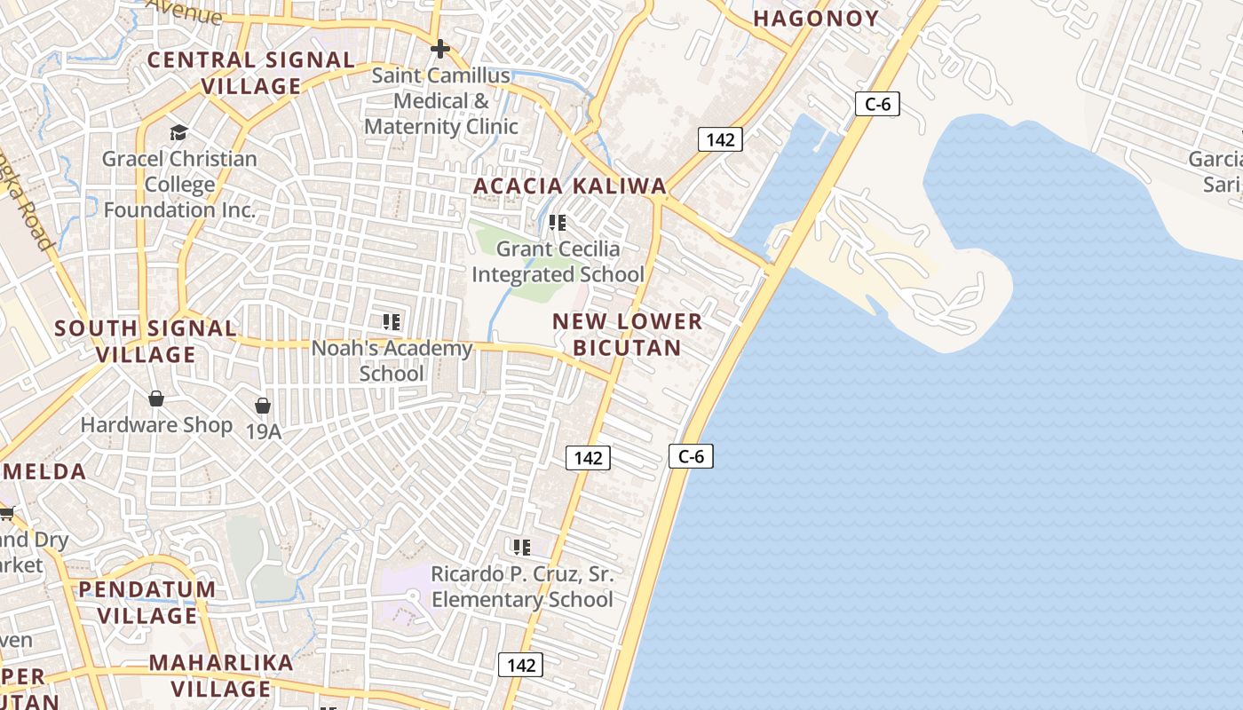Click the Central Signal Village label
point(250,73)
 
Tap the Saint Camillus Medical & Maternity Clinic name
point(441,100)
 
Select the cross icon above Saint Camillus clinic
point(439,48)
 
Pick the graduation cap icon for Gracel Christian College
point(179,133)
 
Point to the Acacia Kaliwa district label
point(569,185)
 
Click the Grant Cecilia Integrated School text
point(558,261)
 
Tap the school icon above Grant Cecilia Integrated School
point(558,222)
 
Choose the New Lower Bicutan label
point(627,334)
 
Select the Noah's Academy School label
point(392,360)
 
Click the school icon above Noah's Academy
point(392,321)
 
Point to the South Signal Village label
point(146,341)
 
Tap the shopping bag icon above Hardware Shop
point(156,398)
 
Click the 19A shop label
point(263,432)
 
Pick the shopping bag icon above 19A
point(263,406)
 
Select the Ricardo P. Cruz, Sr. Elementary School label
point(522,586)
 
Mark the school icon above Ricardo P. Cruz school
point(522,547)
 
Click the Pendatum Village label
point(147,602)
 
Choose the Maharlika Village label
point(221,675)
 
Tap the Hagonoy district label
point(816,19)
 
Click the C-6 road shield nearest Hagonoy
point(877,104)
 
